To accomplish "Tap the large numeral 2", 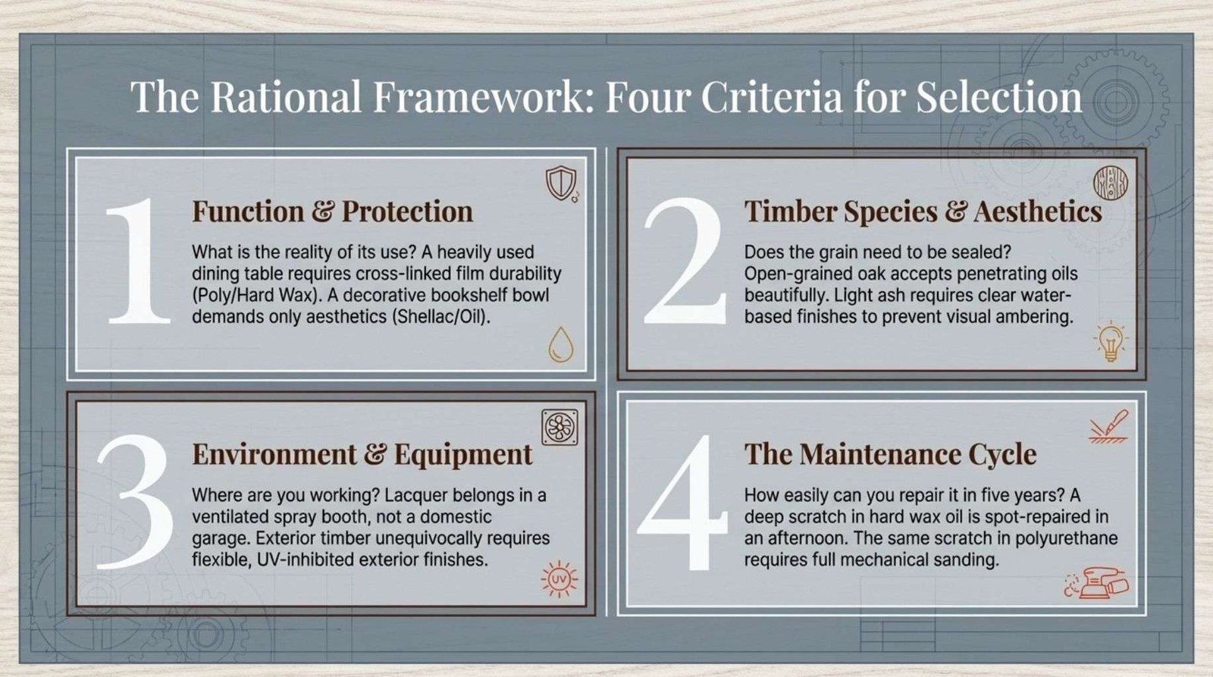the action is [x=685, y=261].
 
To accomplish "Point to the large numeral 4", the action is [x=682, y=503].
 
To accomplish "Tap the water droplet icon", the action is [x=560, y=344].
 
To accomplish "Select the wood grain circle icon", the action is [x=1110, y=183].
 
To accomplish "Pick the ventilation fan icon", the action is [x=560, y=428].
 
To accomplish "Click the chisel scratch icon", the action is [x=1108, y=427].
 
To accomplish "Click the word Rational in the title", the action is [x=286, y=97].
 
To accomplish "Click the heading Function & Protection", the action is [x=333, y=212].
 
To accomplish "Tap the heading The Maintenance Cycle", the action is [x=890, y=454].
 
